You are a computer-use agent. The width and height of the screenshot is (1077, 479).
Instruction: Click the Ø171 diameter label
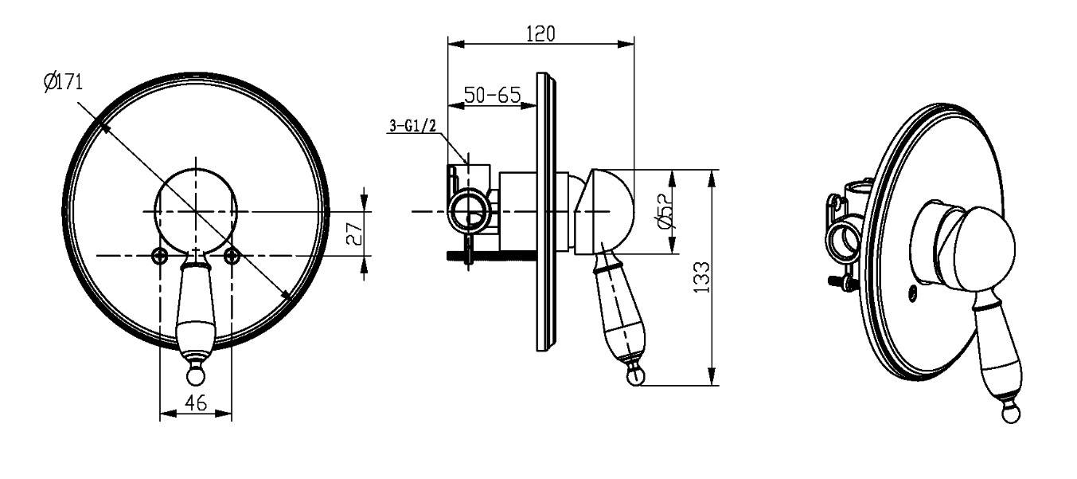63,82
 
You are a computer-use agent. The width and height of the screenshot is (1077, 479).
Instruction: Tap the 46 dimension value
196,402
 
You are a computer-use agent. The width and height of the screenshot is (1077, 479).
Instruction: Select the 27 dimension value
355,234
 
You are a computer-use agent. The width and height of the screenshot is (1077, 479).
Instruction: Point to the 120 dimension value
540,33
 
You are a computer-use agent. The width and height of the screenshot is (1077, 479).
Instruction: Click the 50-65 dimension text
493,95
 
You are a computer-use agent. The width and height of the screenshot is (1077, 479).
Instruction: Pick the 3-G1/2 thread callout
412,126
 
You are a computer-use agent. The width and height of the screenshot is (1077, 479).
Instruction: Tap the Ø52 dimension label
664,212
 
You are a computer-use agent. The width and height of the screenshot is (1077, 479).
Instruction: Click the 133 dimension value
701,277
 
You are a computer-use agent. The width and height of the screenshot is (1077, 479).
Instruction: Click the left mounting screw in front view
159,256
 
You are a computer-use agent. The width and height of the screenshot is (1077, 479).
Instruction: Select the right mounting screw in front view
232,256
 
